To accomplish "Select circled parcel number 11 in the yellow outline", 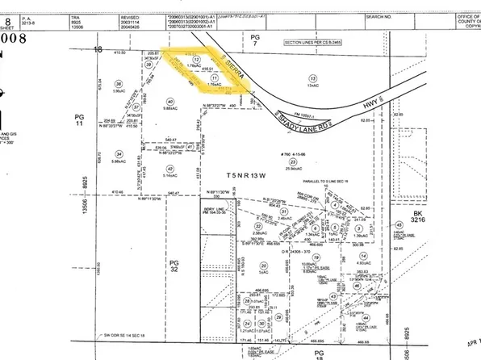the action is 214,77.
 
